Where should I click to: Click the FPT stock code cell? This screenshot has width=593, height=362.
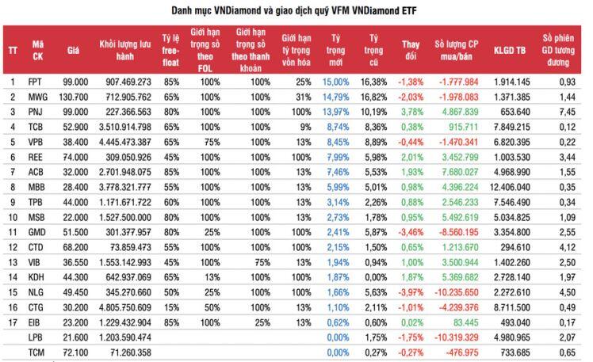click(x=35, y=82)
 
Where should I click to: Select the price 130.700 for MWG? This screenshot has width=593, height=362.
click(x=74, y=95)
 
